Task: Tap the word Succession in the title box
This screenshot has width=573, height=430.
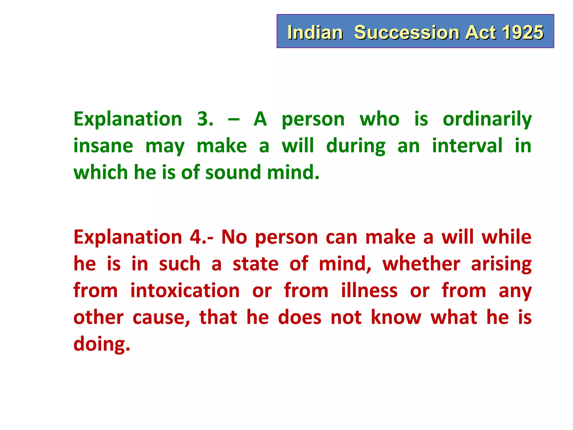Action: click(407, 32)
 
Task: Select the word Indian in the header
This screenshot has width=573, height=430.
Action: click(315, 32)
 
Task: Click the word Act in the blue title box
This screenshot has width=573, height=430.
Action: click(481, 32)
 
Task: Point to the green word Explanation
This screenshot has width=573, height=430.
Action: click(128, 119)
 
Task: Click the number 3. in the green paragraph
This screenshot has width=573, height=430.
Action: click(205, 119)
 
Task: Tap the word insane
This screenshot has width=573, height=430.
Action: click(103, 146)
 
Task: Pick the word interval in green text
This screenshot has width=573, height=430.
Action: click(467, 146)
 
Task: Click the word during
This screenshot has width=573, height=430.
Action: click(356, 146)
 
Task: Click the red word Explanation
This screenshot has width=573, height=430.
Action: click(128, 237)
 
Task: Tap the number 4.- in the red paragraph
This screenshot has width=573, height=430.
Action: click(201, 237)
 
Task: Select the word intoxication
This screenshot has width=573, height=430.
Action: click(185, 291)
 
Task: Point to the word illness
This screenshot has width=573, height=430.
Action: click(369, 291)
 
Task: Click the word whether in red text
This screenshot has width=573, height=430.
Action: click(421, 264)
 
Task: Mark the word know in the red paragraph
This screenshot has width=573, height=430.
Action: click(396, 317)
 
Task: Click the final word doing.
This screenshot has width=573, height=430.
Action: click(102, 344)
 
